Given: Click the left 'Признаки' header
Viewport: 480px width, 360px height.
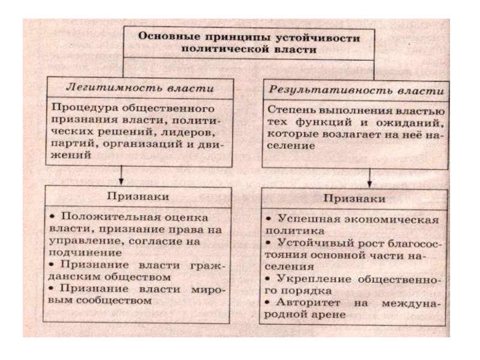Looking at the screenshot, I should pyautogui.click(x=137, y=196).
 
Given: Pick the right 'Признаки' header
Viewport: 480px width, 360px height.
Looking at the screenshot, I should pyautogui.click(x=354, y=199).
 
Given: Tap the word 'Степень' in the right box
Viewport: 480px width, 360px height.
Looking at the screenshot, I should pyautogui.click(x=290, y=111).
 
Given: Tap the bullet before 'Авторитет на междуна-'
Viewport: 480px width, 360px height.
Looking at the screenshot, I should pyautogui.click(x=271, y=302).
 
